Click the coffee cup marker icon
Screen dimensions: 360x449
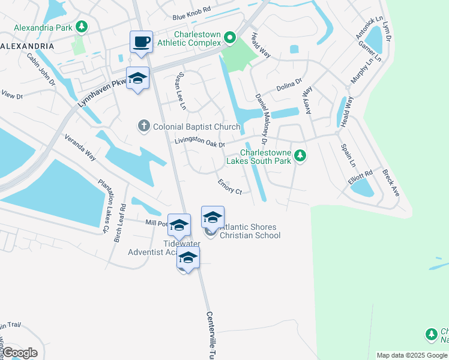point(141,42)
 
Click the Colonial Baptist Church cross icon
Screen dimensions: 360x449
point(143,126)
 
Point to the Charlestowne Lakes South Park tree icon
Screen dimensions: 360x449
point(301,156)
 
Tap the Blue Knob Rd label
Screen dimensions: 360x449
point(191,10)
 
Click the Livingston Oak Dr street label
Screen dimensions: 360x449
point(199,143)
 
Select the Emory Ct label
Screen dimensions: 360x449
point(229,187)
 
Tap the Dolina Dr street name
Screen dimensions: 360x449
point(289,88)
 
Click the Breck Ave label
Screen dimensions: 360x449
point(391,182)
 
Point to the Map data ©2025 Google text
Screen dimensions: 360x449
point(412,355)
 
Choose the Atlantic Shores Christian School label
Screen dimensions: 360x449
point(249,231)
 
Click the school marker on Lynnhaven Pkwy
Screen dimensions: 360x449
point(137,78)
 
